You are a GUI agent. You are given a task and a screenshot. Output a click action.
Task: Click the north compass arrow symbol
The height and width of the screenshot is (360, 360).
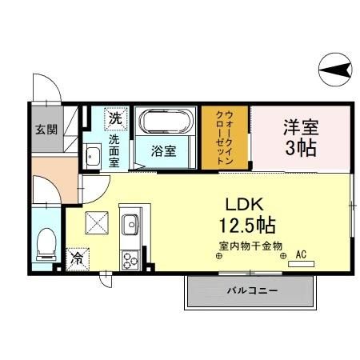pos(334,72)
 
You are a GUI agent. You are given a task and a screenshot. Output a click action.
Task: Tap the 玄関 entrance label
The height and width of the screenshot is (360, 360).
pos(46,128)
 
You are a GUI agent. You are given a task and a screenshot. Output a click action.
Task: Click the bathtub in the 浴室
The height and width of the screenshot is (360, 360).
pos(166,123)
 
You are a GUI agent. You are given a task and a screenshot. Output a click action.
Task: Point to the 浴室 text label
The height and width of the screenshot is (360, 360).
pos(165,150)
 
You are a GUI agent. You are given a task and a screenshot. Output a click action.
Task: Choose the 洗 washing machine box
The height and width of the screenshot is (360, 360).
pos(116,118)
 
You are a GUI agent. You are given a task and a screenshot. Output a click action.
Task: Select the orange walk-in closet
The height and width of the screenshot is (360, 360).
pos(226,138)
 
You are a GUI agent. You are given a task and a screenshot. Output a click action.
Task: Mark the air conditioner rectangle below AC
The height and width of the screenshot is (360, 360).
pos(302,262)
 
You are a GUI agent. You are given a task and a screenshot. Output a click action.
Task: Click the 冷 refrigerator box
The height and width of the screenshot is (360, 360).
pos(78,258)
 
